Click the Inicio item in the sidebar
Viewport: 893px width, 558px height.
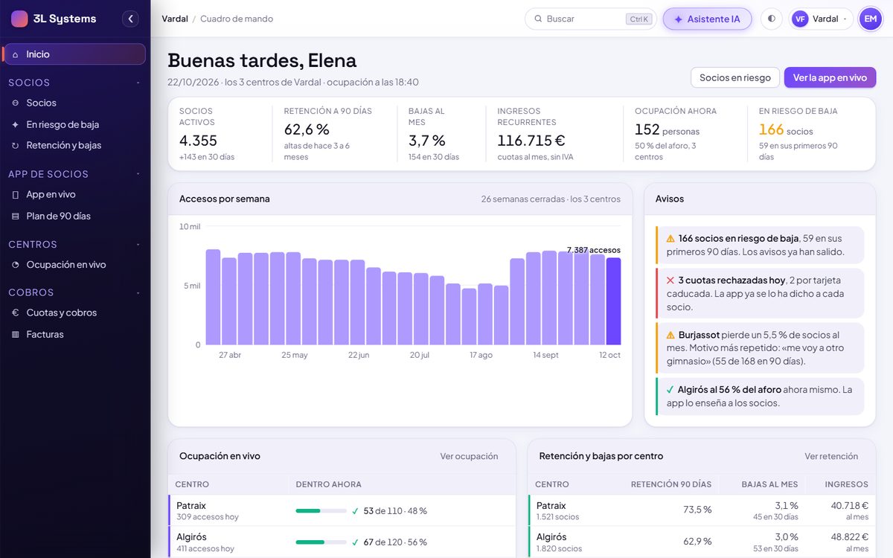pos(74,54)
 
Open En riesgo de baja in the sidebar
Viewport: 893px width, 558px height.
pos(63,124)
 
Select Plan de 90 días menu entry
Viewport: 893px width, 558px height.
pos(58,216)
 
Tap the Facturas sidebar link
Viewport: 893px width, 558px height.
pos(45,334)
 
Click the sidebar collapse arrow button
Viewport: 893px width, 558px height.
pos(130,19)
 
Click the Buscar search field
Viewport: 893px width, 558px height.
pos(590,19)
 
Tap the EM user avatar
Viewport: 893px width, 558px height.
pos(870,19)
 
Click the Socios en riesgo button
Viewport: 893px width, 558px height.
pos(734,77)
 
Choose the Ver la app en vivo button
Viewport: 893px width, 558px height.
pos(830,77)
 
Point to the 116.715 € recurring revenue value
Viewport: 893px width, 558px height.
pos(531,141)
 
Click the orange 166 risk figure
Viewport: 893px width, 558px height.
pos(771,129)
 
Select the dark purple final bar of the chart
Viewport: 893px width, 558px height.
pos(613,301)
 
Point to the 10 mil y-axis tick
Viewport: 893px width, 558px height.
pos(190,226)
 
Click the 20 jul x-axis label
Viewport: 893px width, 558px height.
pos(420,355)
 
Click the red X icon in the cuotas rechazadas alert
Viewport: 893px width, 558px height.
pos(670,280)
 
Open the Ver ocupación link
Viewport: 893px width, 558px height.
pos(469,456)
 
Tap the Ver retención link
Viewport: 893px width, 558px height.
pos(830,456)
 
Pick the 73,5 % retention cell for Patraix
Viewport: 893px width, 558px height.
pos(697,510)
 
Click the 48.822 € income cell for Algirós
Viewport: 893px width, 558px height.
pos(850,537)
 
